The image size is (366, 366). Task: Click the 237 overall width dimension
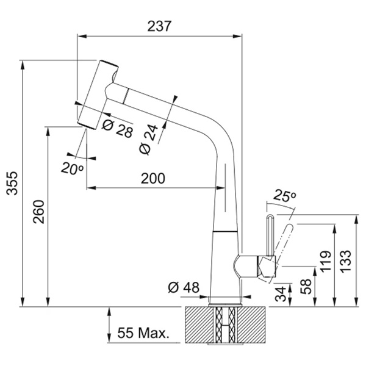(159, 26)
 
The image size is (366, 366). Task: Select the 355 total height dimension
(12, 183)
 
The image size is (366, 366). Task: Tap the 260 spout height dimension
(38, 212)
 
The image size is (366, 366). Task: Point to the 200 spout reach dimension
(153, 178)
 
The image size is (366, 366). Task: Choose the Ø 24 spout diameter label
(148, 140)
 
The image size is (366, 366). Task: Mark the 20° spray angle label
(72, 168)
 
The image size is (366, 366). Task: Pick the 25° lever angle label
(284, 195)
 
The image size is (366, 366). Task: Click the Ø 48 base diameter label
(184, 287)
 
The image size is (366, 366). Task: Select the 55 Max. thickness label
(143, 333)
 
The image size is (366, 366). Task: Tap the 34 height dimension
(281, 294)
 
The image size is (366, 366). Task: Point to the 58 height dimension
(306, 287)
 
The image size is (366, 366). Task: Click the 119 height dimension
(326, 262)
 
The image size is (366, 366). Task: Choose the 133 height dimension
(345, 261)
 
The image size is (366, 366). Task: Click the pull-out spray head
(98, 95)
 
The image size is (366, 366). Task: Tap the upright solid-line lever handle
(270, 235)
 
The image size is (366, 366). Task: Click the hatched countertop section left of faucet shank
(199, 325)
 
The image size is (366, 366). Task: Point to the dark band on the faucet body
(226, 231)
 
